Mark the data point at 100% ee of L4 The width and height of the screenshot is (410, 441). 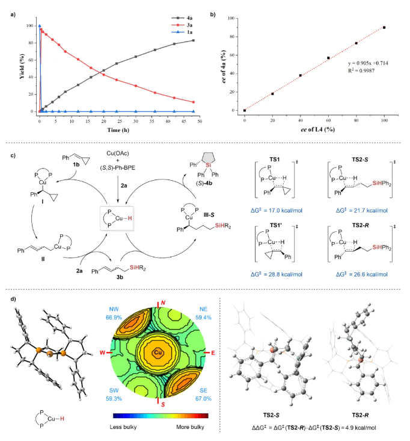point(384,28)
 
